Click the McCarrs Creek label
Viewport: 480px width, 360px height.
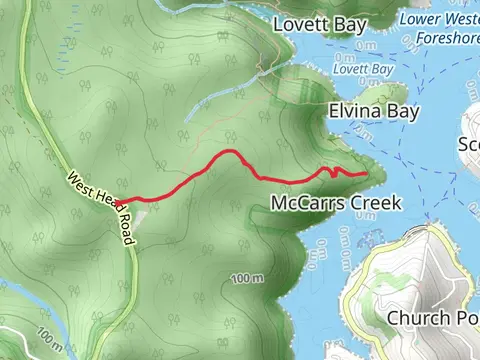pyautogui.click(x=336, y=203)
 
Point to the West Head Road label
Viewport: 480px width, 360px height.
pyautogui.click(x=99, y=204)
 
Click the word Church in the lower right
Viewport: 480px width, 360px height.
pyautogui.click(x=418, y=319)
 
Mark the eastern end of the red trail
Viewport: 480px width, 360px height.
pyautogui.click(x=366, y=173)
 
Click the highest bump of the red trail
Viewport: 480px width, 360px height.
pyautogui.click(x=229, y=152)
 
